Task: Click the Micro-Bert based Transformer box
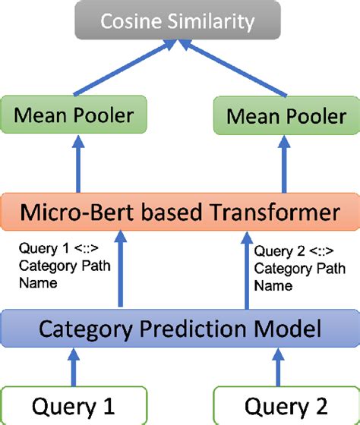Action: point(180,213)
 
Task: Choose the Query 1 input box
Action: point(74,405)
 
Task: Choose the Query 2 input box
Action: point(286,405)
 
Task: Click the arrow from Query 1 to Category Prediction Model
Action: point(74,367)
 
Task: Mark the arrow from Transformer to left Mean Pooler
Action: point(77,167)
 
